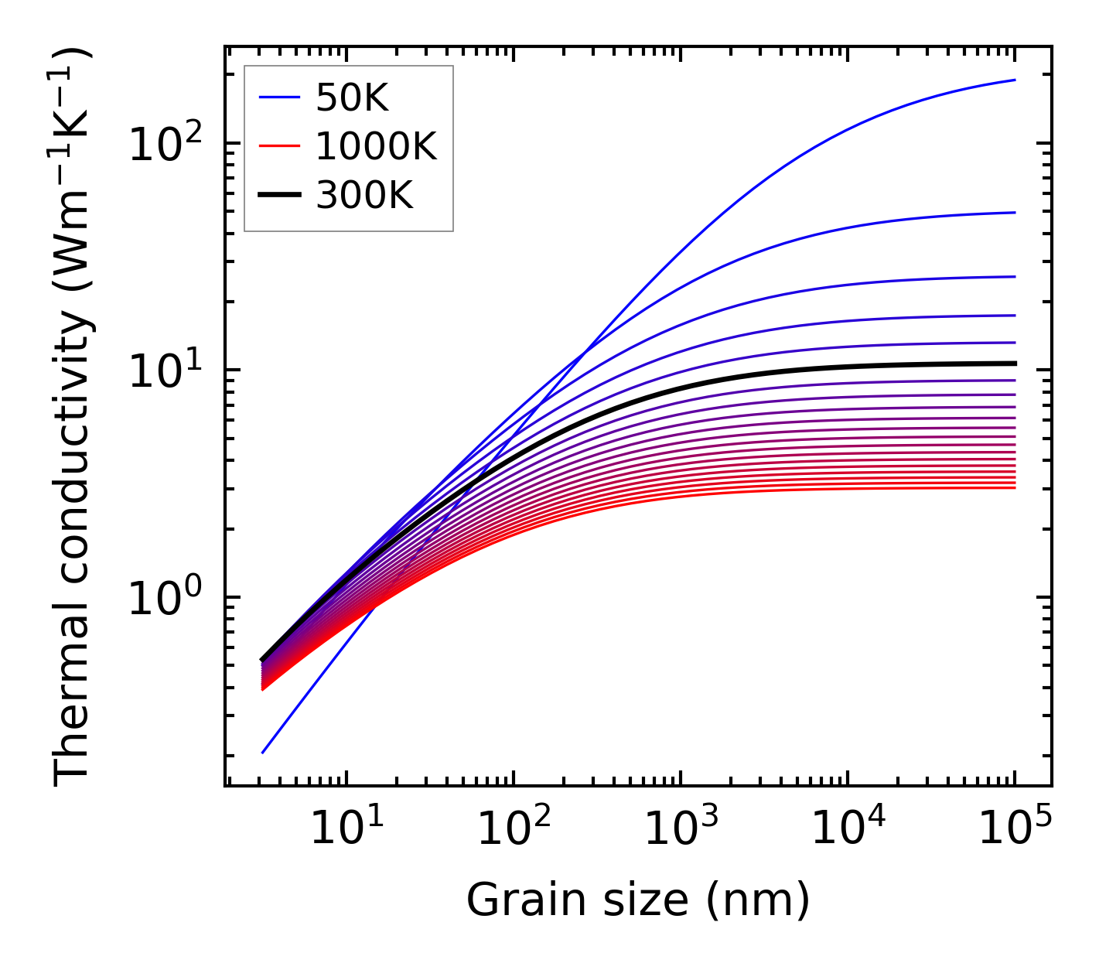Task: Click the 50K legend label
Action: pyautogui.click(x=351, y=97)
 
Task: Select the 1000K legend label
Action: pyautogui.click(x=376, y=146)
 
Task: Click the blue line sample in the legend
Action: pyautogui.click(x=278, y=97)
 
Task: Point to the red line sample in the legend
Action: pyautogui.click(x=278, y=146)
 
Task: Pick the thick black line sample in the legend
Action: pyautogui.click(x=278, y=196)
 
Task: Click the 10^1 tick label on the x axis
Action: pyautogui.click(x=346, y=829)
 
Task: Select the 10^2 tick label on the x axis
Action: pyautogui.click(x=513, y=829)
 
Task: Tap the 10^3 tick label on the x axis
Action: pyautogui.click(x=680, y=829)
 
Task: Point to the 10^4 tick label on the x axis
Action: pyautogui.click(x=848, y=829)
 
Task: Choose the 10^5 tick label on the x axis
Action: pyautogui.click(x=1015, y=829)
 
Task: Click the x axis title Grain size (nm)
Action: pyautogui.click(x=638, y=900)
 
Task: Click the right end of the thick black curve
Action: pyautogui.click(x=1015, y=363)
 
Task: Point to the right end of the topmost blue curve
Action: pyautogui.click(x=1015, y=80)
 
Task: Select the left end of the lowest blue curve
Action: pyautogui.click(x=263, y=753)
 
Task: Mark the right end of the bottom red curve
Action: pyautogui.click(x=1015, y=487)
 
